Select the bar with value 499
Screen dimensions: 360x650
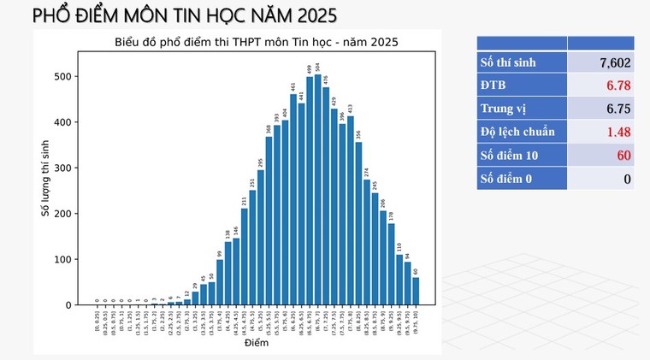[310, 191]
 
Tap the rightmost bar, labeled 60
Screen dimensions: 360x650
[416, 291]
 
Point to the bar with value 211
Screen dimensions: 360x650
[244, 257]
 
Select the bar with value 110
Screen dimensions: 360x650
[399, 280]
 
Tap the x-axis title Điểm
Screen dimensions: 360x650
[257, 344]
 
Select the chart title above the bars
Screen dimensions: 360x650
[257, 42]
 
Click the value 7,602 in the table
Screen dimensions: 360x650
[615, 62]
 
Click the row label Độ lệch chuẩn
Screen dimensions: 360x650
[517, 132]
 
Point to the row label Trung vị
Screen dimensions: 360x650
[505, 109]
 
